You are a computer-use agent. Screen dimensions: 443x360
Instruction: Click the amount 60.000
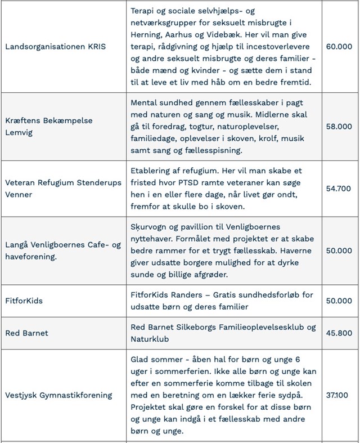tap(339, 46)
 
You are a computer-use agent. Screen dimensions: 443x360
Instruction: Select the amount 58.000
tap(339, 126)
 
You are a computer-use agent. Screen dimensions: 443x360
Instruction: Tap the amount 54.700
tap(339, 188)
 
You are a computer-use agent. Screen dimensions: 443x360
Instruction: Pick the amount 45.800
tap(339, 333)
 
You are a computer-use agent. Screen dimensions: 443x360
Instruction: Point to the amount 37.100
tap(339, 395)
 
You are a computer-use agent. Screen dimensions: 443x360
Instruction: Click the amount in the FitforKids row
tap(339, 301)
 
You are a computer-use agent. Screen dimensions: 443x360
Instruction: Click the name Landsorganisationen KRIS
tap(55, 46)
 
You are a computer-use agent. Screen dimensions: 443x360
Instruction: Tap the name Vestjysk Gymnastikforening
tap(58, 395)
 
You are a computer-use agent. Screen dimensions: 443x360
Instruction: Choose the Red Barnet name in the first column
tap(26, 333)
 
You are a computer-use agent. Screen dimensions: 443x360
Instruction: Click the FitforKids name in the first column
tap(24, 301)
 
